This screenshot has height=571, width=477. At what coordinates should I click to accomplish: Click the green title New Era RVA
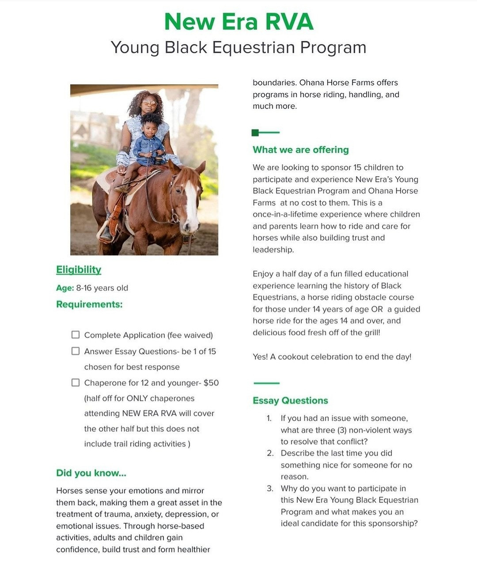click(x=238, y=22)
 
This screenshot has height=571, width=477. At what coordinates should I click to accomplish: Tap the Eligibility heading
click(x=79, y=270)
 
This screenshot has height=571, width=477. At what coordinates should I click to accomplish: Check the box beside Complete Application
click(x=76, y=335)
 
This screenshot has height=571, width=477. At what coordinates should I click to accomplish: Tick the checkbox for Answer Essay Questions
click(x=76, y=351)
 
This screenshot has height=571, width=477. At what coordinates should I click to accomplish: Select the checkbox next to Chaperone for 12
click(x=76, y=382)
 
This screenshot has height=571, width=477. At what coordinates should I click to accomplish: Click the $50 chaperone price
click(x=211, y=383)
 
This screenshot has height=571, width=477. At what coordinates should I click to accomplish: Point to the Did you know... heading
click(x=91, y=473)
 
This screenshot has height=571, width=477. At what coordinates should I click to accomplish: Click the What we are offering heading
click(x=300, y=150)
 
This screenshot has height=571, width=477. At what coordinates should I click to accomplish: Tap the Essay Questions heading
click(x=290, y=401)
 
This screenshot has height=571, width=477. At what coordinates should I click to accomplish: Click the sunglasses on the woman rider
click(x=149, y=103)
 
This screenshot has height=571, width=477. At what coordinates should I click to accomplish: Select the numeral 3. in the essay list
click(x=270, y=488)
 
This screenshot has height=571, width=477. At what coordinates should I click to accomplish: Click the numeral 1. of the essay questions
click(x=269, y=418)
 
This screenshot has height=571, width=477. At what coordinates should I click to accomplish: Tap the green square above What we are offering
click(x=255, y=132)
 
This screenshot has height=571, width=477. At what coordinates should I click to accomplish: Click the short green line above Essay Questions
click(x=266, y=383)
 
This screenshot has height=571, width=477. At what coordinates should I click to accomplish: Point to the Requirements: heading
click(x=89, y=304)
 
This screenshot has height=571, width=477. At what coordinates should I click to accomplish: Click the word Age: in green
click(x=65, y=288)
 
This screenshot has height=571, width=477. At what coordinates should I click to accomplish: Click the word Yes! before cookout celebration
click(x=260, y=357)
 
